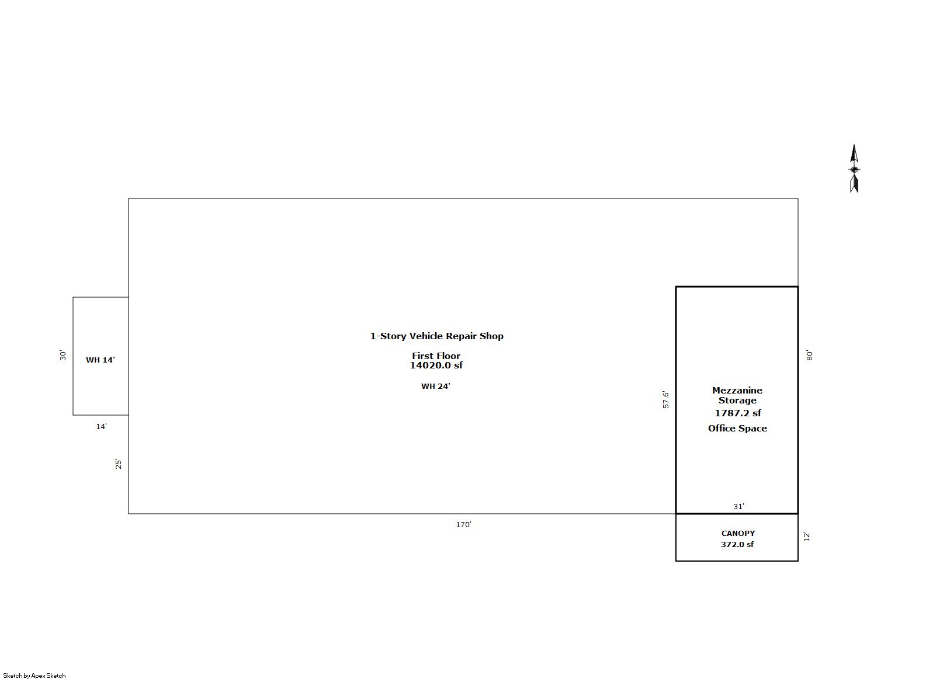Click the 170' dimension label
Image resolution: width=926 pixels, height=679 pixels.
[463, 524]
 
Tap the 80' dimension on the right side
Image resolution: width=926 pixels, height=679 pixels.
[809, 355]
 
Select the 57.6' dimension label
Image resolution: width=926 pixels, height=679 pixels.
[665, 399]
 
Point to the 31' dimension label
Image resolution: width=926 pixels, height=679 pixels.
[738, 506]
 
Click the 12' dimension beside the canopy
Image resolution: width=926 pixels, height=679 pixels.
[807, 537]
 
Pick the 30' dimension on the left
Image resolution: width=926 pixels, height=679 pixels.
[63, 355]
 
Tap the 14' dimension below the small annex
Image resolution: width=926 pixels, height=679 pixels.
[101, 427]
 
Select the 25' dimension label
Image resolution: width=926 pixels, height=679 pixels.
[118, 464]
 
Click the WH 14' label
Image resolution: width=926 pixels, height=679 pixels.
[100, 360]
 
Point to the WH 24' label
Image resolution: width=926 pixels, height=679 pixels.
[436, 386]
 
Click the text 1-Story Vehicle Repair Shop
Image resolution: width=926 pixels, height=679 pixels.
[436, 336]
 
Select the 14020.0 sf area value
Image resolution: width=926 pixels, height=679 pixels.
[436, 365]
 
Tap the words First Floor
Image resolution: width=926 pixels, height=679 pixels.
[436, 356]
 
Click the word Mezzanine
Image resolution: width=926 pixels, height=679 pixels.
[737, 391]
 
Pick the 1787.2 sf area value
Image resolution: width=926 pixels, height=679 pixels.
[738, 413]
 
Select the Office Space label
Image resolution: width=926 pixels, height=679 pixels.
[737, 429]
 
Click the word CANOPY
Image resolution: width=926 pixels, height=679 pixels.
[738, 533]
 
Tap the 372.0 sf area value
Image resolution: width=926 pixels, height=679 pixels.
[737, 544]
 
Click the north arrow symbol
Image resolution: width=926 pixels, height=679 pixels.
[854, 169]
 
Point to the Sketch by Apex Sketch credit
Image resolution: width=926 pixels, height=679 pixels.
[34, 675]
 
